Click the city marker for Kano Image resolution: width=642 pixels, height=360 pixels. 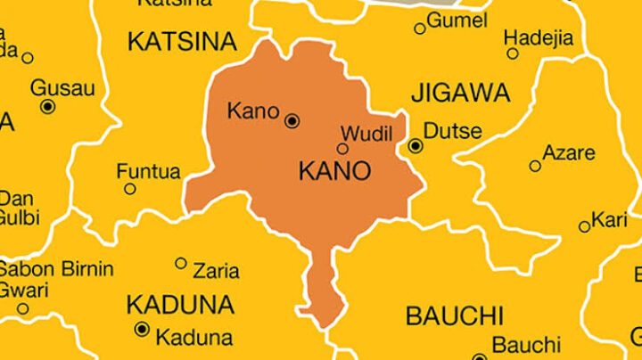(x=292, y=120)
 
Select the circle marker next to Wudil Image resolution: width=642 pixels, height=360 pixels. (x=342, y=149)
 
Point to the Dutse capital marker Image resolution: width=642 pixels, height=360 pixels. (x=416, y=145)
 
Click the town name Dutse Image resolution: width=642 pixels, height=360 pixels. (x=452, y=132)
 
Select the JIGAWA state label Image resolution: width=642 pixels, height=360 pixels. (x=460, y=93)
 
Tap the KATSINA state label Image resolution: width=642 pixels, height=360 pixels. (x=182, y=41)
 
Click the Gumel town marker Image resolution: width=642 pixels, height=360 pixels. (x=420, y=29)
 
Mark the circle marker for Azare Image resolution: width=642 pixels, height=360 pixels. (x=535, y=166)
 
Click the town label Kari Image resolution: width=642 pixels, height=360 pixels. (x=610, y=219)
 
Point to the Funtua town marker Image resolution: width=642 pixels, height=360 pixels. (x=130, y=189)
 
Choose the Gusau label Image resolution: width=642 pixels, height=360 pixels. (x=62, y=87)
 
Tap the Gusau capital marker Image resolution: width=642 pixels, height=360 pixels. (x=48, y=106)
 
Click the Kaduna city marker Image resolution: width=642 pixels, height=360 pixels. (x=141, y=330)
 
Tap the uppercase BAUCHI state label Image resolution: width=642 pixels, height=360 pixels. (x=454, y=315)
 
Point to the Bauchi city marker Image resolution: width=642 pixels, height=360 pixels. (x=480, y=350)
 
